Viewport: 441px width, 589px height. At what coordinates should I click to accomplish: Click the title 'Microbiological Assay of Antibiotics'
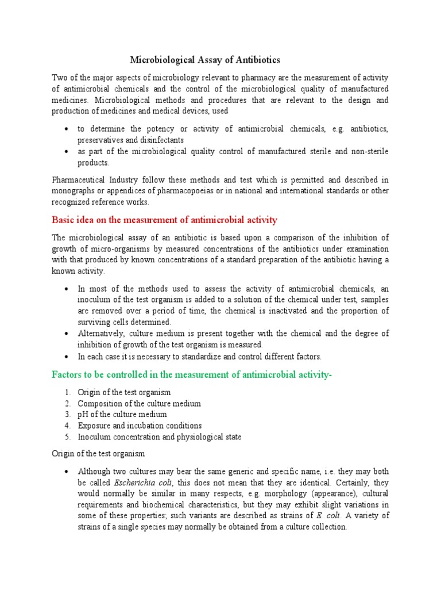tap(205, 60)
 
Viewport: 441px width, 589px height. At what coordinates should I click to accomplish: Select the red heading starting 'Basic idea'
tap(164, 220)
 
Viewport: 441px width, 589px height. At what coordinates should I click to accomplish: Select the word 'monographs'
tap(73, 192)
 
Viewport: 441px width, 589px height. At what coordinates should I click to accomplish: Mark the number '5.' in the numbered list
tap(68, 437)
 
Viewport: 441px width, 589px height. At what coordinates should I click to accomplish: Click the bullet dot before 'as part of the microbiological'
tap(68, 151)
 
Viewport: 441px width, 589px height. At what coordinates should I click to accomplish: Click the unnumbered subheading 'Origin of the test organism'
tap(100, 454)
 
